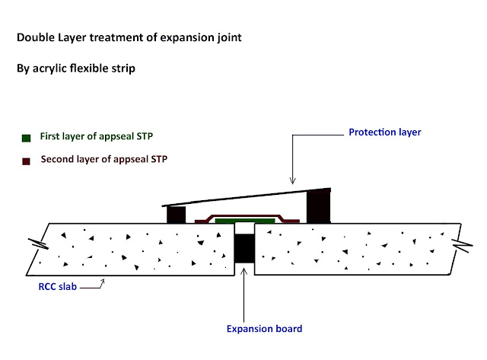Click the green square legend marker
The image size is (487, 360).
(x=26, y=139)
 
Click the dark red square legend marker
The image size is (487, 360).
(x=26, y=161)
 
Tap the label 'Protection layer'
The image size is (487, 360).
(x=384, y=132)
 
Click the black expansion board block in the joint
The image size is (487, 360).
(x=243, y=249)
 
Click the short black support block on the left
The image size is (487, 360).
(x=176, y=214)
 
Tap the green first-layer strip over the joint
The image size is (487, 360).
(x=244, y=220)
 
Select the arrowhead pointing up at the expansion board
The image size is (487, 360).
(x=243, y=269)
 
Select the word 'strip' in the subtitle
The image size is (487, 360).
(x=122, y=68)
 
